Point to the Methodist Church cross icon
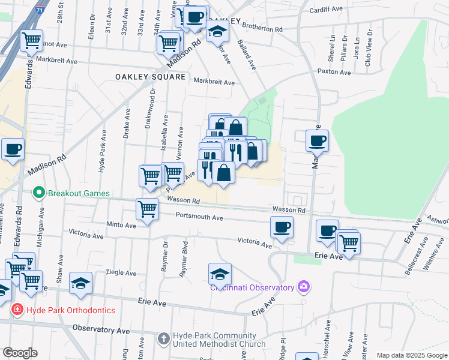point(164,339)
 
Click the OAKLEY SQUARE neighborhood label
point(150,77)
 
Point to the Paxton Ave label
point(334,72)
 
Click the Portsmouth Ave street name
point(199,218)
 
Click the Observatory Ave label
point(101,329)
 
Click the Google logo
point(20,353)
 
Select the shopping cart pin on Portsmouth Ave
point(147,209)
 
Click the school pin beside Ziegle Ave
point(80,284)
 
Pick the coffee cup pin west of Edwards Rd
point(13,149)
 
